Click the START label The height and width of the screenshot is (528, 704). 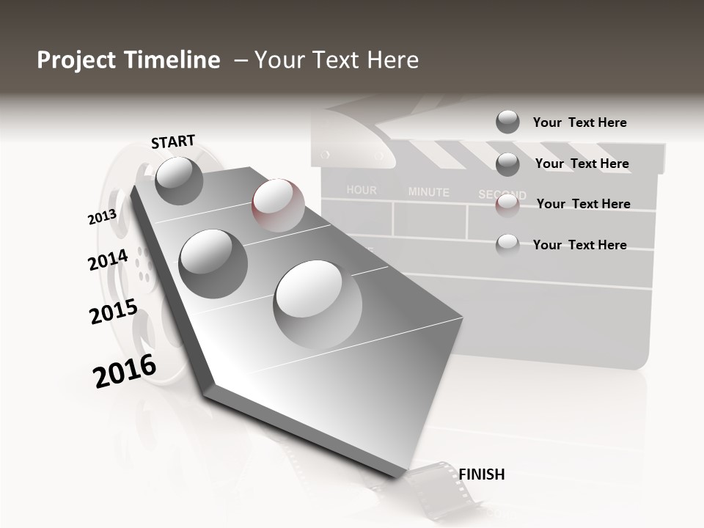click(173, 142)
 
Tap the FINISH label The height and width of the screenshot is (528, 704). click(482, 474)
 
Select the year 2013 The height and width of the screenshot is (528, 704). click(102, 217)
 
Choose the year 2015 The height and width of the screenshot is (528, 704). click(114, 312)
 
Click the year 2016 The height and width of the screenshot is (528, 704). click(125, 371)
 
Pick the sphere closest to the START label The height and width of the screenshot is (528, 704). click(179, 180)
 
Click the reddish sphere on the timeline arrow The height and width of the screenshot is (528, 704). click(278, 205)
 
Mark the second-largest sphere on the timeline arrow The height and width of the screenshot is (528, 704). click(213, 263)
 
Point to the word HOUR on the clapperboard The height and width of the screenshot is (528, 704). click(362, 190)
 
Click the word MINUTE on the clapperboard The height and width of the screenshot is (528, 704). click(428, 192)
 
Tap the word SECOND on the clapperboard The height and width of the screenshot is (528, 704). click(502, 194)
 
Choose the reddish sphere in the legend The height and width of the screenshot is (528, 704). click(507, 205)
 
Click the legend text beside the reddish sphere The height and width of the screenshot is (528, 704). click(583, 204)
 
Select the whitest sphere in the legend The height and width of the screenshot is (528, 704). click(507, 245)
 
